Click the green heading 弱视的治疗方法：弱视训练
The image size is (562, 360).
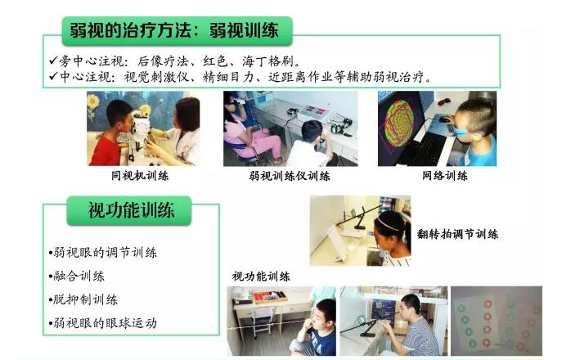175,31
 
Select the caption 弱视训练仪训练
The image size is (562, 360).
290,176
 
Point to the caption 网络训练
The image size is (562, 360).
445,175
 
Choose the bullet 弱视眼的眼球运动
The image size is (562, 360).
104,323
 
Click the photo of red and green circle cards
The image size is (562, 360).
497,321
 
